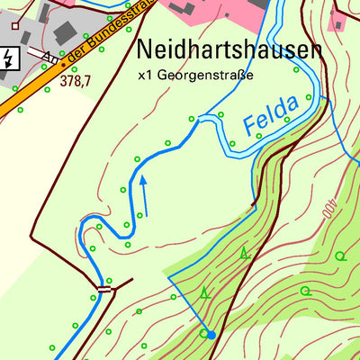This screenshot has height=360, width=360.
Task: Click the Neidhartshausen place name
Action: [x=229, y=49]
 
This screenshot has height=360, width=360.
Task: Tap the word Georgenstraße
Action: [x=204, y=76]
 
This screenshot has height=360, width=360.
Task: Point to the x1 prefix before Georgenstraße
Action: [x=146, y=76]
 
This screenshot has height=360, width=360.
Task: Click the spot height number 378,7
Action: [x=76, y=81]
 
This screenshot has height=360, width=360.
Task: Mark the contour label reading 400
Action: [x=328, y=209]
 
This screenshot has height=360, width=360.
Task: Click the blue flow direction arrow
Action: [x=142, y=194]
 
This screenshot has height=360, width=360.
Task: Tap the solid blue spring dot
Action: [x=211, y=335]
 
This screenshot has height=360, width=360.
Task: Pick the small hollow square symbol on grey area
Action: [x=14, y=24]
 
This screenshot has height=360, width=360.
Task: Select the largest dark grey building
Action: [x=65, y=31]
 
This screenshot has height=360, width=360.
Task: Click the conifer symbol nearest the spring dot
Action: [x=206, y=292]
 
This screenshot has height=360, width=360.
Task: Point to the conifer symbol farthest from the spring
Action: [x=245, y=254]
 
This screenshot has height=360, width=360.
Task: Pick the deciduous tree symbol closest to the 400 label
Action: [x=339, y=256]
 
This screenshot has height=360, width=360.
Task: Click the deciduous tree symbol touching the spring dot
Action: [x=203, y=333]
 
